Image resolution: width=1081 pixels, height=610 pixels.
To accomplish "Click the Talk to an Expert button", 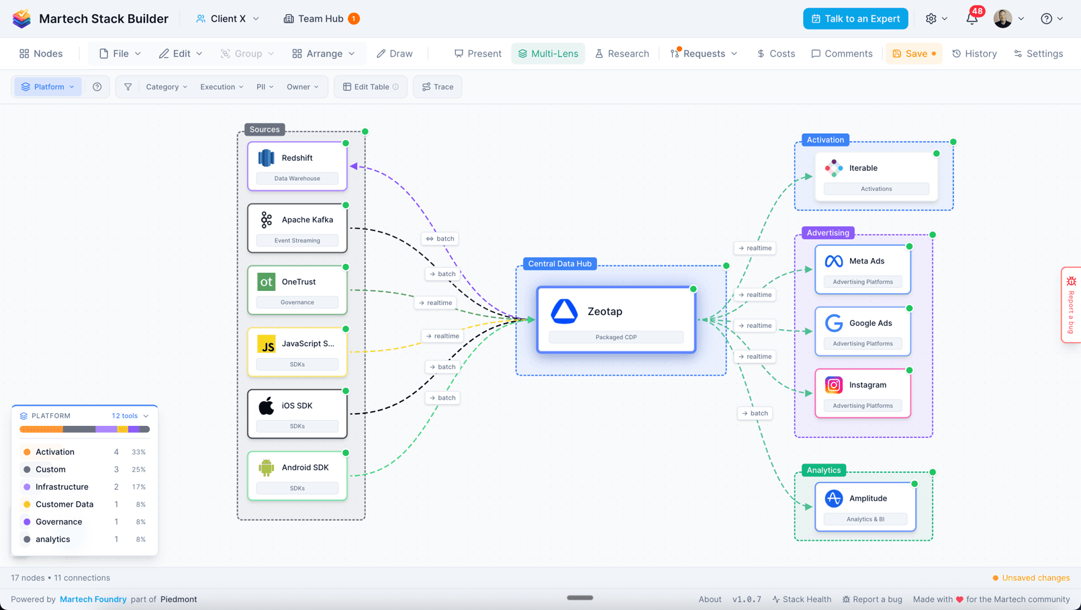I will [x=855, y=19].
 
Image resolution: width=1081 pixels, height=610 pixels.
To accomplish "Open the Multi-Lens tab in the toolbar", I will [x=548, y=54].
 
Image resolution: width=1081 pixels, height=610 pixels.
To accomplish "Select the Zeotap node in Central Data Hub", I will [x=616, y=319].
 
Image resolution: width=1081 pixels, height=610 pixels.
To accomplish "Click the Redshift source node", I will [x=297, y=165].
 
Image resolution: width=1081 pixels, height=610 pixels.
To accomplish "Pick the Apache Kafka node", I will [x=297, y=228].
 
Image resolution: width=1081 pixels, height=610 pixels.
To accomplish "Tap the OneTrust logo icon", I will [x=267, y=282].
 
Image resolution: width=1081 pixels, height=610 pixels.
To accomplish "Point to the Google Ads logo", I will [x=834, y=323].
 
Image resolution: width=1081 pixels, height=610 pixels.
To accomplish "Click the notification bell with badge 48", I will [x=972, y=19].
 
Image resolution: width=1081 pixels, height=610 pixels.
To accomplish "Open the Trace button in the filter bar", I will [x=438, y=87].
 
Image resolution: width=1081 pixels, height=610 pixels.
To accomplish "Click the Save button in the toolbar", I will [x=913, y=54].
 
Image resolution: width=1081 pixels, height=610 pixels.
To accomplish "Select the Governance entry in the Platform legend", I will [x=59, y=522].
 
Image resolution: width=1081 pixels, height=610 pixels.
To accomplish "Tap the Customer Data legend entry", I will [x=64, y=505].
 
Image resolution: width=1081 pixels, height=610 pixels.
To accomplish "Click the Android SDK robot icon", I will [x=267, y=468].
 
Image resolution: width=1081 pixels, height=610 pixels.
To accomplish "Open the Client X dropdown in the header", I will [x=228, y=19].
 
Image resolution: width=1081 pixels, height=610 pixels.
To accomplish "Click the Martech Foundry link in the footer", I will [x=93, y=599].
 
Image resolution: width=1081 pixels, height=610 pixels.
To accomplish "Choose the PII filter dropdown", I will [x=265, y=87].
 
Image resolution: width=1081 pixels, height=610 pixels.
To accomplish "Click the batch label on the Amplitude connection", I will [x=755, y=413].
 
